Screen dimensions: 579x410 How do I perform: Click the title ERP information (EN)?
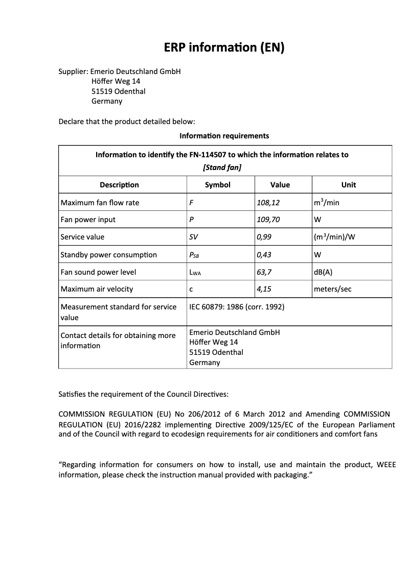[x=224, y=47]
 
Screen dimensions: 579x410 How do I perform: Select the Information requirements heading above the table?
[x=224, y=136]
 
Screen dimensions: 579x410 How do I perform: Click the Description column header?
[x=119, y=185]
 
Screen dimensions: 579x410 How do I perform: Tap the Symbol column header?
[x=218, y=185]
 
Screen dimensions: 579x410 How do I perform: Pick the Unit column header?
[x=349, y=185]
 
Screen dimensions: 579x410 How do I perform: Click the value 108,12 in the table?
[x=268, y=203]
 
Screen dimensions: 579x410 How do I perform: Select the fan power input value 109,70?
[x=268, y=220]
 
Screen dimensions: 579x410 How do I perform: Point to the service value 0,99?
[x=264, y=237]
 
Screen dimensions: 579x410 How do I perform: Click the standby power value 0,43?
[x=264, y=255]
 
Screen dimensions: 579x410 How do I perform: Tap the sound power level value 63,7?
[x=264, y=272]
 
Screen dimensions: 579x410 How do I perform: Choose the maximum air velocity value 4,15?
[x=264, y=289]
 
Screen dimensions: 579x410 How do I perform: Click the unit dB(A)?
[x=323, y=272]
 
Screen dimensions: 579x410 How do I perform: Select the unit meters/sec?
[x=333, y=289]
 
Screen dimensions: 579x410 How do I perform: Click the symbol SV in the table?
[x=194, y=237]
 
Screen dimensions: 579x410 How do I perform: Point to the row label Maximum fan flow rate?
[x=100, y=203]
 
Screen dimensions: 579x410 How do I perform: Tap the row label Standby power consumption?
[x=108, y=255]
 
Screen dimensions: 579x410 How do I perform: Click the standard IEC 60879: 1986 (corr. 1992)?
[x=237, y=307]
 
